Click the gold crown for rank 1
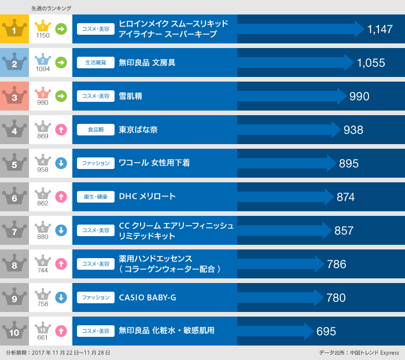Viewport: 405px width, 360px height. pos(14,29)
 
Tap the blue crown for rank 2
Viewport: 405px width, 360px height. pos(14,63)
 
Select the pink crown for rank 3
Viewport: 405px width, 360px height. pos(14,96)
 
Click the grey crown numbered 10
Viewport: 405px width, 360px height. pos(14,331)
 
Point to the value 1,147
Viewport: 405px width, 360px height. pos(380,30)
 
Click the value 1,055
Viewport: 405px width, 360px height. pos(371,63)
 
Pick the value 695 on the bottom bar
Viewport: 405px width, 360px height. pos(326,332)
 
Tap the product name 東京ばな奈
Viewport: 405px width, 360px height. pos(138,130)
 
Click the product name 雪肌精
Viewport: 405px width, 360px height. pos(130,96)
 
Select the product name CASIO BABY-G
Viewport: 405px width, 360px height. pos(147,297)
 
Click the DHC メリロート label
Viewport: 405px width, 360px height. pos(147,197)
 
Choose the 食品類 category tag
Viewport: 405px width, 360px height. pos(95,130)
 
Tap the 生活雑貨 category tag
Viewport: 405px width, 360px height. pos(95,63)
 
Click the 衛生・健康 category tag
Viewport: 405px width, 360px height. pos(95,197)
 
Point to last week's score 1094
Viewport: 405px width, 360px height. pos(43,69)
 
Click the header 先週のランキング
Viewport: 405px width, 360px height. pos(51,8)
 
